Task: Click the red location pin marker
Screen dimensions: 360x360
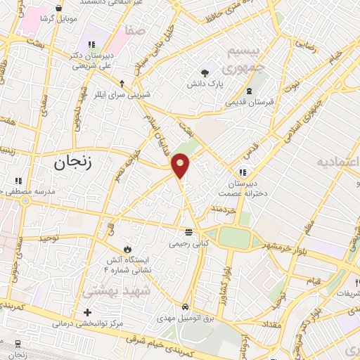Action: (x=181, y=165)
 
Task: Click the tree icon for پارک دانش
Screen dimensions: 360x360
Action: (x=205, y=72)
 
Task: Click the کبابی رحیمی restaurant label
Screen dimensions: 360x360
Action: (x=188, y=244)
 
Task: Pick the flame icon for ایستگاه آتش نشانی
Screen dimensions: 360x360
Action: (x=127, y=248)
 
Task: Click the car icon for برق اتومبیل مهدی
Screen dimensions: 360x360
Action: (x=184, y=307)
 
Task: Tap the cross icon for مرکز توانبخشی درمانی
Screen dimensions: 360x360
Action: (x=87, y=312)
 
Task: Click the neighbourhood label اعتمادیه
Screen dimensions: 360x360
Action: (x=337, y=162)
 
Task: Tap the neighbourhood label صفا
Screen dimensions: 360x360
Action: (x=134, y=32)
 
